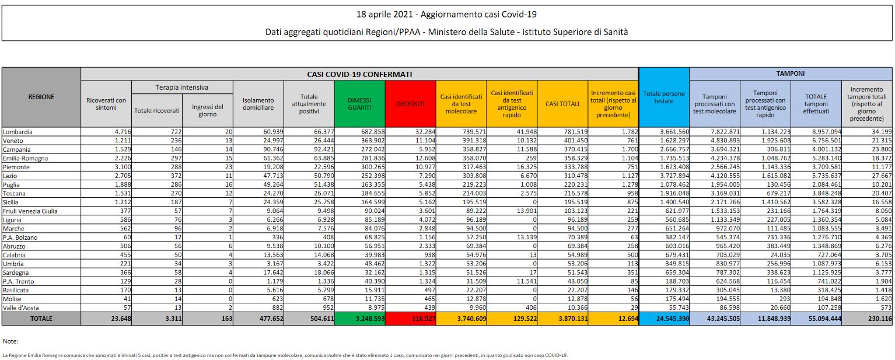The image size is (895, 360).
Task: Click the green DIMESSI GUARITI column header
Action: click(359, 104)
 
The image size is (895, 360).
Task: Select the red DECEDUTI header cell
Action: click(410, 104)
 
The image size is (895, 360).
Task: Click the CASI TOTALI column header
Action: click(562, 104)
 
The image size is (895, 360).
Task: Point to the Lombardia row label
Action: click(18, 132)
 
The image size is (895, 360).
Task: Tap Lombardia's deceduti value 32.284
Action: click(422, 132)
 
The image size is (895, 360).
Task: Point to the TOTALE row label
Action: click(41, 319)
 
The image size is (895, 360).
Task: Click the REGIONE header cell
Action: click(41, 97)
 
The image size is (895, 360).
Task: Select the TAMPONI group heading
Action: click(791, 74)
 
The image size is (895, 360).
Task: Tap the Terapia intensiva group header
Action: click(181, 88)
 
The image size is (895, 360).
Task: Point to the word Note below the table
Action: click(11, 341)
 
